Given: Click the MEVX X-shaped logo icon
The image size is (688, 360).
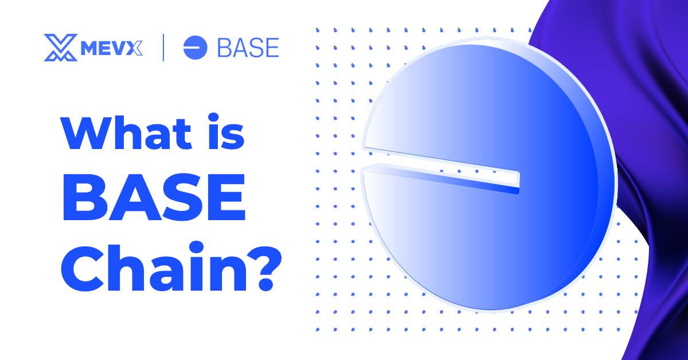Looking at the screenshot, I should coord(60,48).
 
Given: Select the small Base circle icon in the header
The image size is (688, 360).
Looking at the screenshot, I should coord(195,48).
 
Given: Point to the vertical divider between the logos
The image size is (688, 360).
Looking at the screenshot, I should coord(165,48).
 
